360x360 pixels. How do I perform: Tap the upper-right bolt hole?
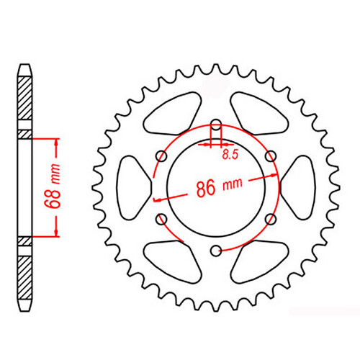click(x=271, y=156)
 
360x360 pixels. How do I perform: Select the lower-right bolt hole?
click(x=271, y=218)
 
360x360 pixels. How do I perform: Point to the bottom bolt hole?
click(x=215, y=249)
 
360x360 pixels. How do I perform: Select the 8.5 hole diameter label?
click(x=229, y=154)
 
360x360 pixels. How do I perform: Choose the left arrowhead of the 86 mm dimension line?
click(x=158, y=198)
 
